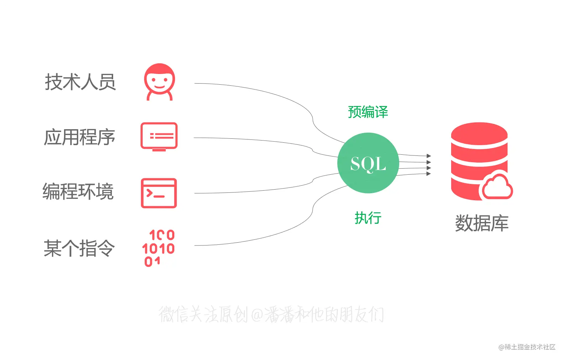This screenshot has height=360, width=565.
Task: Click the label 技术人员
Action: [x=80, y=82]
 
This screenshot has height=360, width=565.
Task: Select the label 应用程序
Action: [x=80, y=137]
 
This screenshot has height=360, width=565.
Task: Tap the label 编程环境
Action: [x=78, y=192]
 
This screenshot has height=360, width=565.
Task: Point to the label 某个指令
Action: [x=79, y=248]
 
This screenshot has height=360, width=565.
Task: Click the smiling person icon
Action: [x=159, y=82]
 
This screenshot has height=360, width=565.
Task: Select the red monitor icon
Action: [x=159, y=137]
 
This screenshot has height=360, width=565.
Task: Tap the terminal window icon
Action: [x=159, y=193]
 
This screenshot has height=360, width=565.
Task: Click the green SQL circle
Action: [x=368, y=163]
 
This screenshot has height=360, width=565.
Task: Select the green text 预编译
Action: [x=368, y=112]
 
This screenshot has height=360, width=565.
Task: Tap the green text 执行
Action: [x=368, y=218]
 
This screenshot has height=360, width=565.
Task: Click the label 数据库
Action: [x=482, y=223]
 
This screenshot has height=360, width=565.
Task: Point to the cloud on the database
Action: [x=497, y=186]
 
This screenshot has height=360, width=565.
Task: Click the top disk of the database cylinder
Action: [x=479, y=134]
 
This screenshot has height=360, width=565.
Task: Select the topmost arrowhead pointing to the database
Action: [x=429, y=156]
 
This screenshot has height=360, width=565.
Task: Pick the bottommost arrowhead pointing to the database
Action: [x=429, y=174]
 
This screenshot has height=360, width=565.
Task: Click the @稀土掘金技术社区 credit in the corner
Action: [x=527, y=347]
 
